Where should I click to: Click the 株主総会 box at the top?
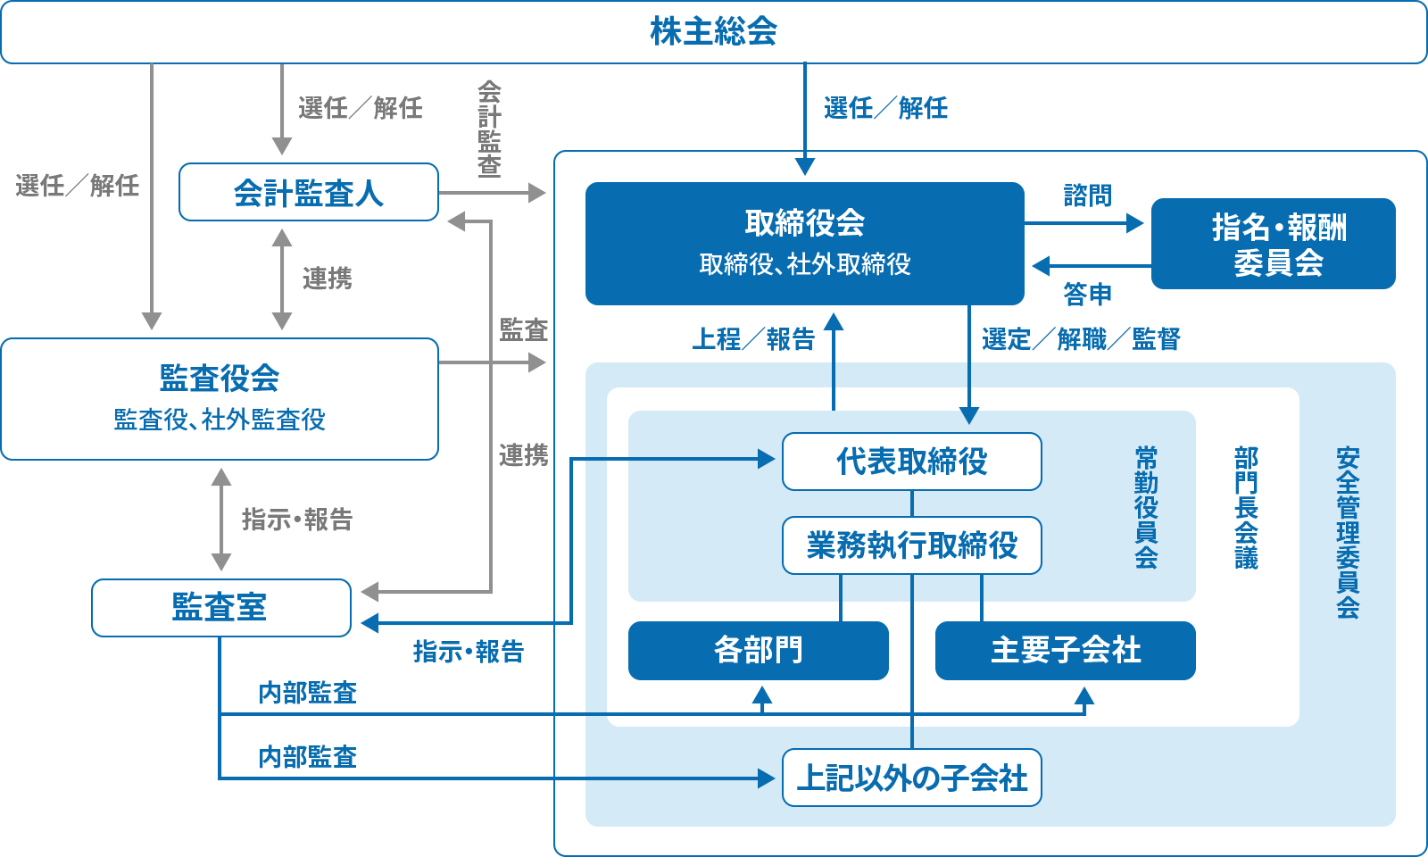713,32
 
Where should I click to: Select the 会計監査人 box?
308,193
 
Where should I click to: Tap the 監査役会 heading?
220,379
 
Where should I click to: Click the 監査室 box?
220,608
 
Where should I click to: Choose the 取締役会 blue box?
804,243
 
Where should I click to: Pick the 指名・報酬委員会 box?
1273,244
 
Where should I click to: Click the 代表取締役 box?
911,462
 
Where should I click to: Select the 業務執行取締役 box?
911,545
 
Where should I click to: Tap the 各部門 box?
758,651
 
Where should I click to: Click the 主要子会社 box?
1065,651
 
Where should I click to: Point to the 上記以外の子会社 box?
911,778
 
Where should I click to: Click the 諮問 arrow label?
1087,196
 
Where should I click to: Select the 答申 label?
1087,294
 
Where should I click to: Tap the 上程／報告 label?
753,339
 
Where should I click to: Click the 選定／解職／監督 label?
1081,339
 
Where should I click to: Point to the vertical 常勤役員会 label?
1146,507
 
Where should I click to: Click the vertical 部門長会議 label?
1246,507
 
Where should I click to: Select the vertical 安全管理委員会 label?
1348,532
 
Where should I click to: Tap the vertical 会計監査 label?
489,129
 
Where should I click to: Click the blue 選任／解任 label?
885,109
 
